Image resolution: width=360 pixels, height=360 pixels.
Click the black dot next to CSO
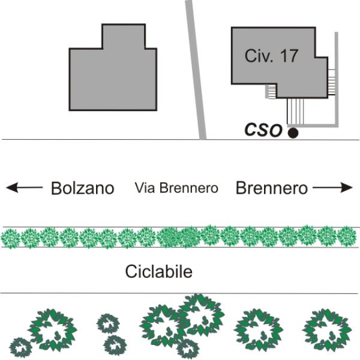293,133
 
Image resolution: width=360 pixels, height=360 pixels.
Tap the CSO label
263,130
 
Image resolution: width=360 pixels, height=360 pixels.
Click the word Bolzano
82,188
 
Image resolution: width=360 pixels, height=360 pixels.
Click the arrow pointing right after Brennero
333,188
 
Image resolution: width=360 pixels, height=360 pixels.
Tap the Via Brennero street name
176,188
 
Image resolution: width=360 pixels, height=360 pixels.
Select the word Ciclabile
158,271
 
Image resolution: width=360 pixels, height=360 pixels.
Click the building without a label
113,72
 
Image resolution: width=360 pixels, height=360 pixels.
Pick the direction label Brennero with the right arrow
271,188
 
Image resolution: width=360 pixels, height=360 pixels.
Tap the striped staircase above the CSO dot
295,110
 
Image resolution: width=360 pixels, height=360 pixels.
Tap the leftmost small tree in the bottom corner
20,347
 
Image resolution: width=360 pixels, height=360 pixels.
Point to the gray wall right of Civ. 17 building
337,78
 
